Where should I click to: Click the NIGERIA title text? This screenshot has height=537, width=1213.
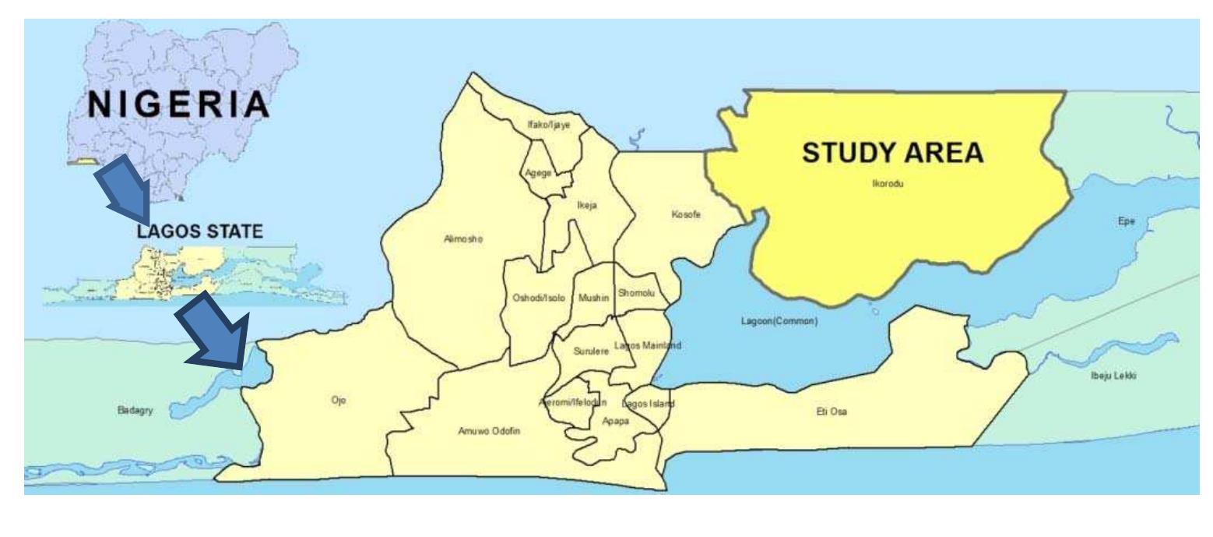pos(178,106)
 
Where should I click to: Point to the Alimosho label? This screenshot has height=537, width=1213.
pos(463,239)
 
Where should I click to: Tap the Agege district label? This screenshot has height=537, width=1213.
pos(538,173)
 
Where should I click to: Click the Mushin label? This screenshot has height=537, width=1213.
pos(593,298)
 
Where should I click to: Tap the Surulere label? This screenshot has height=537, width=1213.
pos(590,352)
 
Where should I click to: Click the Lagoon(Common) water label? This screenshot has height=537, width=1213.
pos(779,322)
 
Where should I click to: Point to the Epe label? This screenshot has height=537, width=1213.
pos(1127,221)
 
